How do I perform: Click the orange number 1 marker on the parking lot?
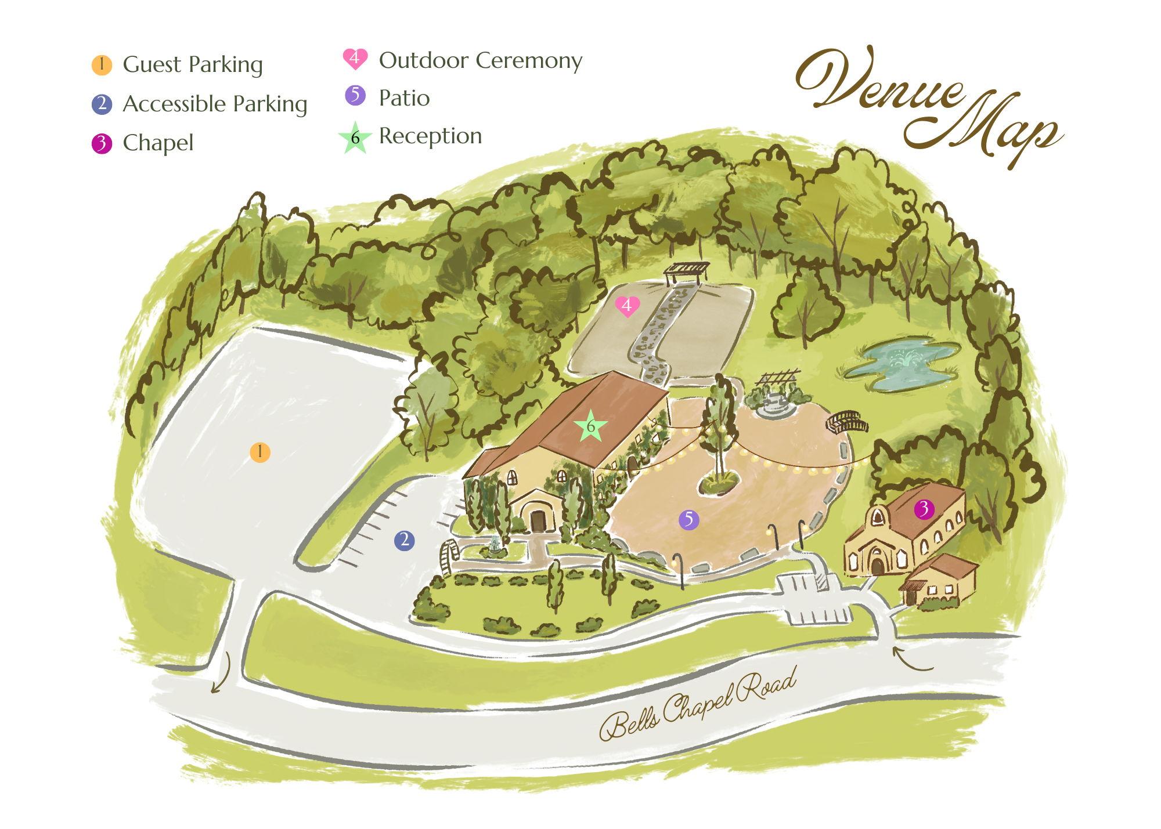click(x=260, y=452)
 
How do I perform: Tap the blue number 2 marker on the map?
click(x=404, y=541)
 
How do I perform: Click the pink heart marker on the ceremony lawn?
click(x=627, y=306)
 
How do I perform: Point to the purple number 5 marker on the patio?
click(x=689, y=520)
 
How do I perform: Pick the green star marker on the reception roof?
click(x=590, y=426)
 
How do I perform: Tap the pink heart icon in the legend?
click(x=355, y=59)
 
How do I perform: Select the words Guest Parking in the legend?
click(x=193, y=65)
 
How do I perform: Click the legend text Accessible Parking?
click(x=215, y=104)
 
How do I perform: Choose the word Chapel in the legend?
click(x=158, y=143)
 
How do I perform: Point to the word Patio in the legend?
click(x=404, y=98)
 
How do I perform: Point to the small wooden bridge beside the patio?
click(x=847, y=422)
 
